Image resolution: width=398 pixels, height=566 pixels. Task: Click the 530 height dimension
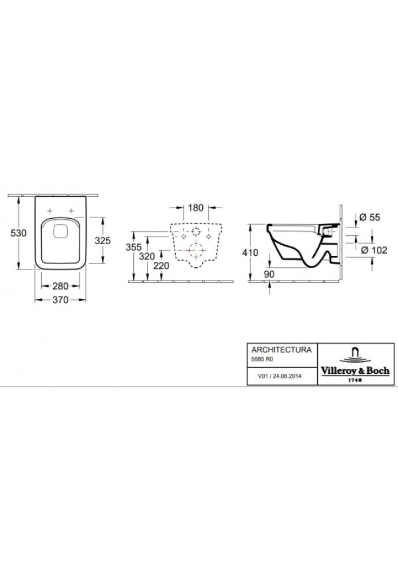(18, 233)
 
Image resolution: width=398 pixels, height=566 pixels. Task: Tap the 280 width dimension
(60, 286)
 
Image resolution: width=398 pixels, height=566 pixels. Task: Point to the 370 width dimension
(60, 300)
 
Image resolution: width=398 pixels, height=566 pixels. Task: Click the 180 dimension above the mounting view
(195, 208)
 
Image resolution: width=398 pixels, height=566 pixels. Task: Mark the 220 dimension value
(160, 266)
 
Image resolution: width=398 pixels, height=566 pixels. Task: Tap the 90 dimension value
(269, 274)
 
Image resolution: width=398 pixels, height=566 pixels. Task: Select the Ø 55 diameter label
(369, 217)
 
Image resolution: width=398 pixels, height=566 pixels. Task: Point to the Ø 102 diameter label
(371, 249)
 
